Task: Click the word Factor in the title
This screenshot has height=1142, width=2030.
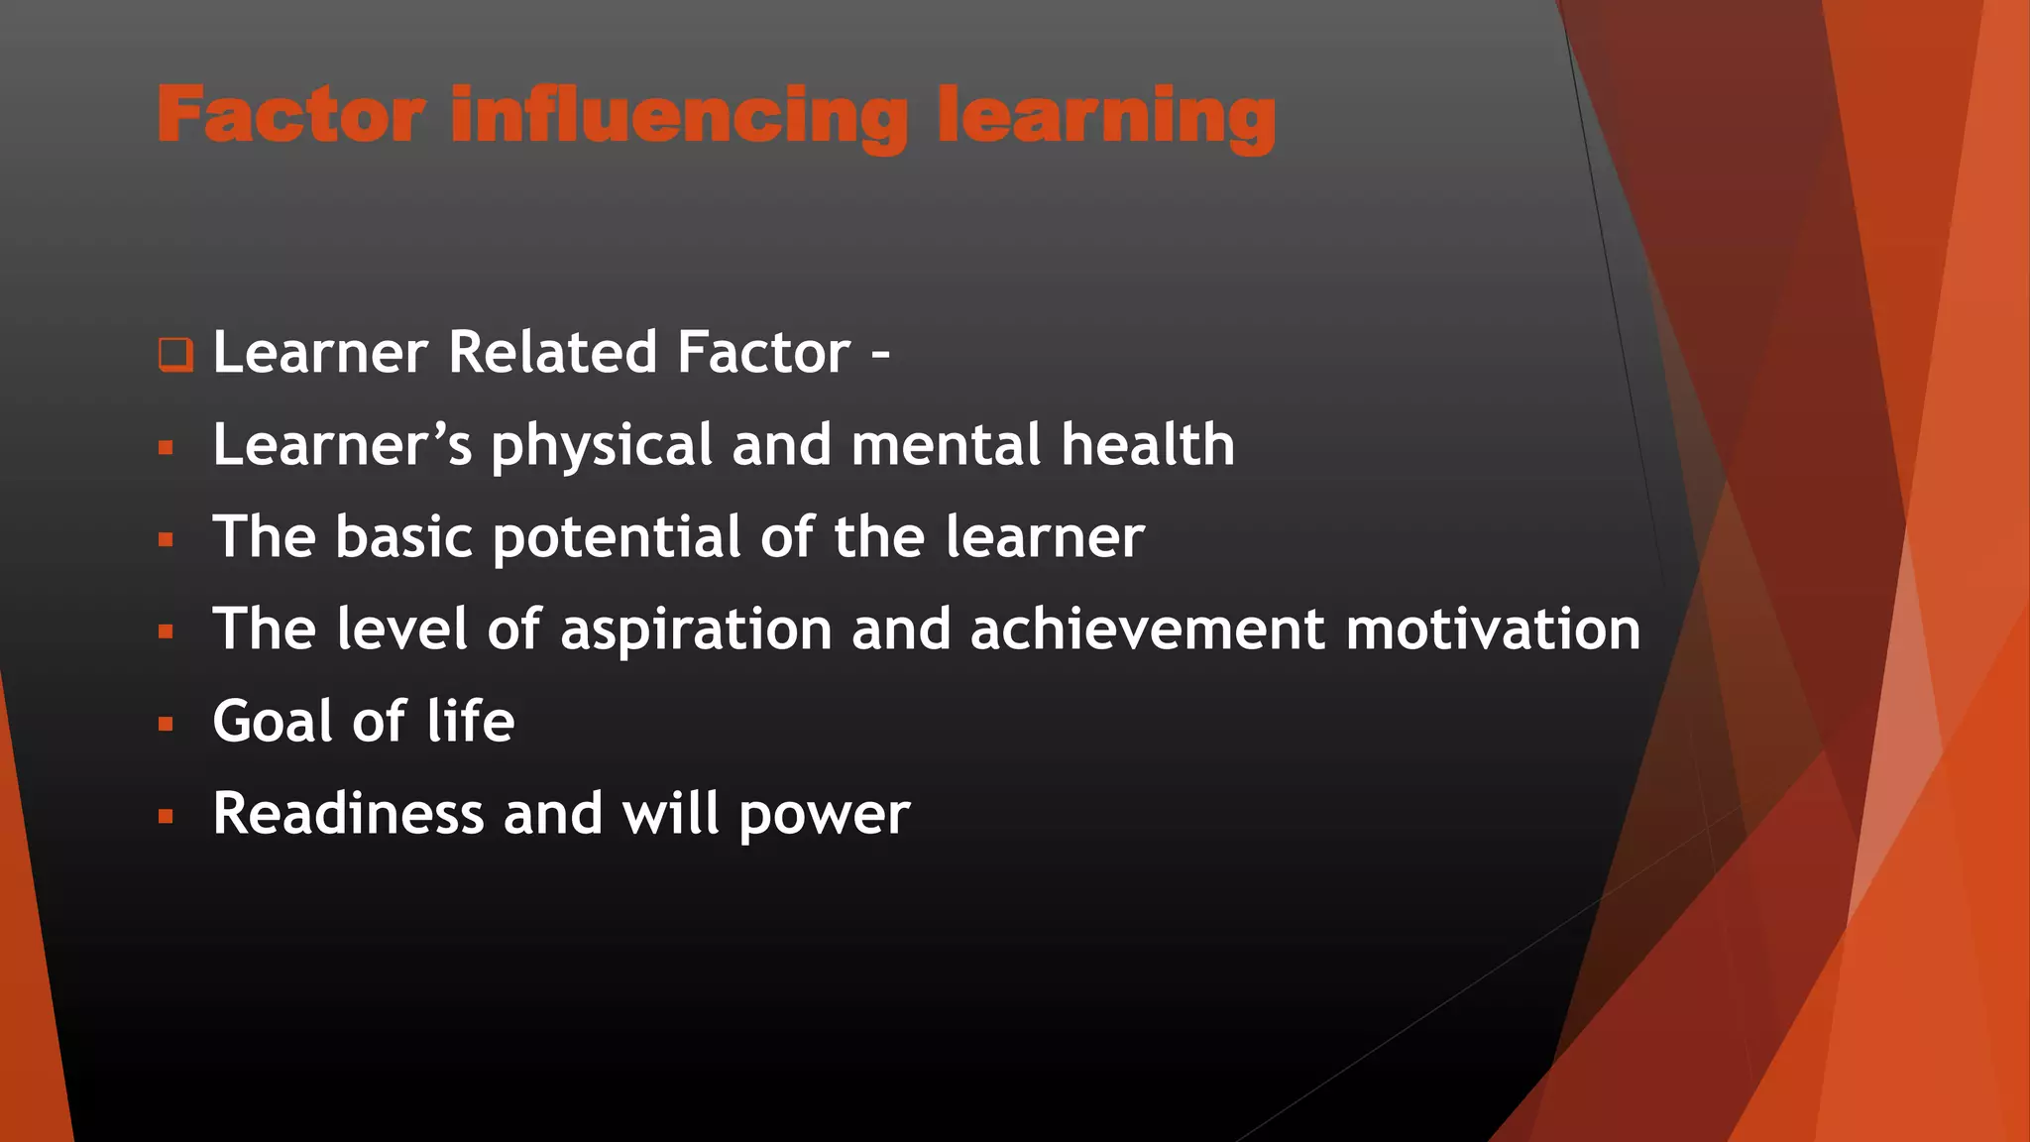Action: coord(291,115)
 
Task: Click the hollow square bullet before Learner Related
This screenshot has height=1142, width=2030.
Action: coord(175,354)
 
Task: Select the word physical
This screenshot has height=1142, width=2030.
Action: coord(602,445)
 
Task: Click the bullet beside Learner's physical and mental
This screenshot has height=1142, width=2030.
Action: coord(166,448)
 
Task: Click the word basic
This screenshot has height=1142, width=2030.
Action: coord(403,536)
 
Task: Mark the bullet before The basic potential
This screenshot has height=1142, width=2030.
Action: coord(166,540)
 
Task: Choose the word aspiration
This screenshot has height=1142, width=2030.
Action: coord(696,630)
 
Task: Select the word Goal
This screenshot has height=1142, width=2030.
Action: coord(273,721)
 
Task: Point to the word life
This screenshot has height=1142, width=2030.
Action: coord(471,721)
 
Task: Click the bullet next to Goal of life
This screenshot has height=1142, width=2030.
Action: coord(166,725)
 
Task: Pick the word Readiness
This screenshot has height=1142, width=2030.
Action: coord(348,814)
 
